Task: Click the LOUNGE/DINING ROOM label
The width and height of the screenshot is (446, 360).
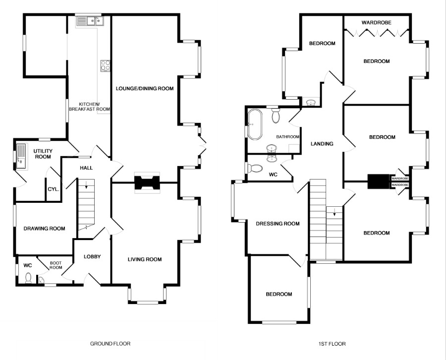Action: (x=145, y=89)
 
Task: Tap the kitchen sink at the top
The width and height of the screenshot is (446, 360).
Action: (x=89, y=21)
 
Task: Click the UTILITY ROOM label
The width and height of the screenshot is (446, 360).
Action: (x=42, y=154)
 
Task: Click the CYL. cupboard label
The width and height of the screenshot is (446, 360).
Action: (x=54, y=189)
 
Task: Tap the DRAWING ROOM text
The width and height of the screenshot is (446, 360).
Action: (x=45, y=229)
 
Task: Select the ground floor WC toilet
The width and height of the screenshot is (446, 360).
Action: (x=28, y=278)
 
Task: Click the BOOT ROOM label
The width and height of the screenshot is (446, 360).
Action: (x=56, y=265)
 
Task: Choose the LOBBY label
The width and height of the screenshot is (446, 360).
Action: (x=92, y=256)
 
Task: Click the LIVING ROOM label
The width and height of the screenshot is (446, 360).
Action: (x=145, y=259)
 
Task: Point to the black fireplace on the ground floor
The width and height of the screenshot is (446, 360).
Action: (x=147, y=182)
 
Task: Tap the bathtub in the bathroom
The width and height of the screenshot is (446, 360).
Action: (x=255, y=124)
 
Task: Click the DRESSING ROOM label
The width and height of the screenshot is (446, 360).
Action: (x=278, y=224)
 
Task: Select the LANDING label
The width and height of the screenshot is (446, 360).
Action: (x=322, y=144)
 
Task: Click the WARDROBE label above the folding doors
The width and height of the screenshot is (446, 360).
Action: (x=376, y=22)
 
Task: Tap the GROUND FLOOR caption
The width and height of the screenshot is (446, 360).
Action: (x=110, y=343)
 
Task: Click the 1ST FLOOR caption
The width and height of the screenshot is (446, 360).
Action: (x=332, y=343)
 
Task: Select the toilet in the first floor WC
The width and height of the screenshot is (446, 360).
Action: (x=255, y=169)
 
